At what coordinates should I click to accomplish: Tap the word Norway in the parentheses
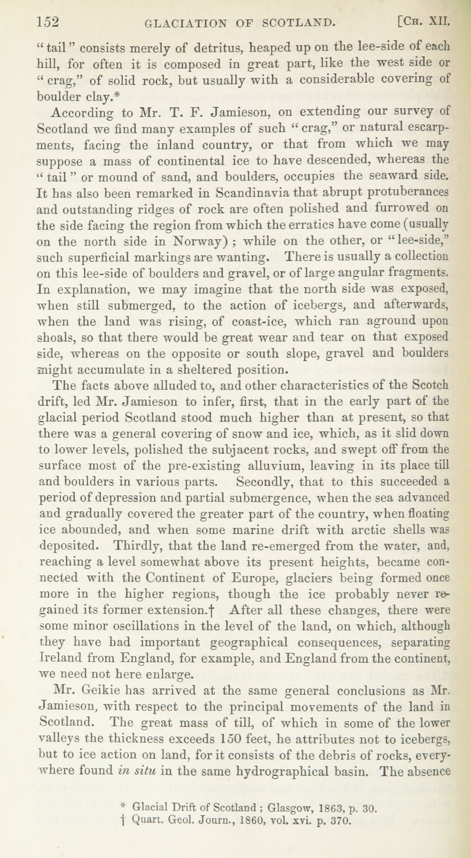click(x=199, y=241)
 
